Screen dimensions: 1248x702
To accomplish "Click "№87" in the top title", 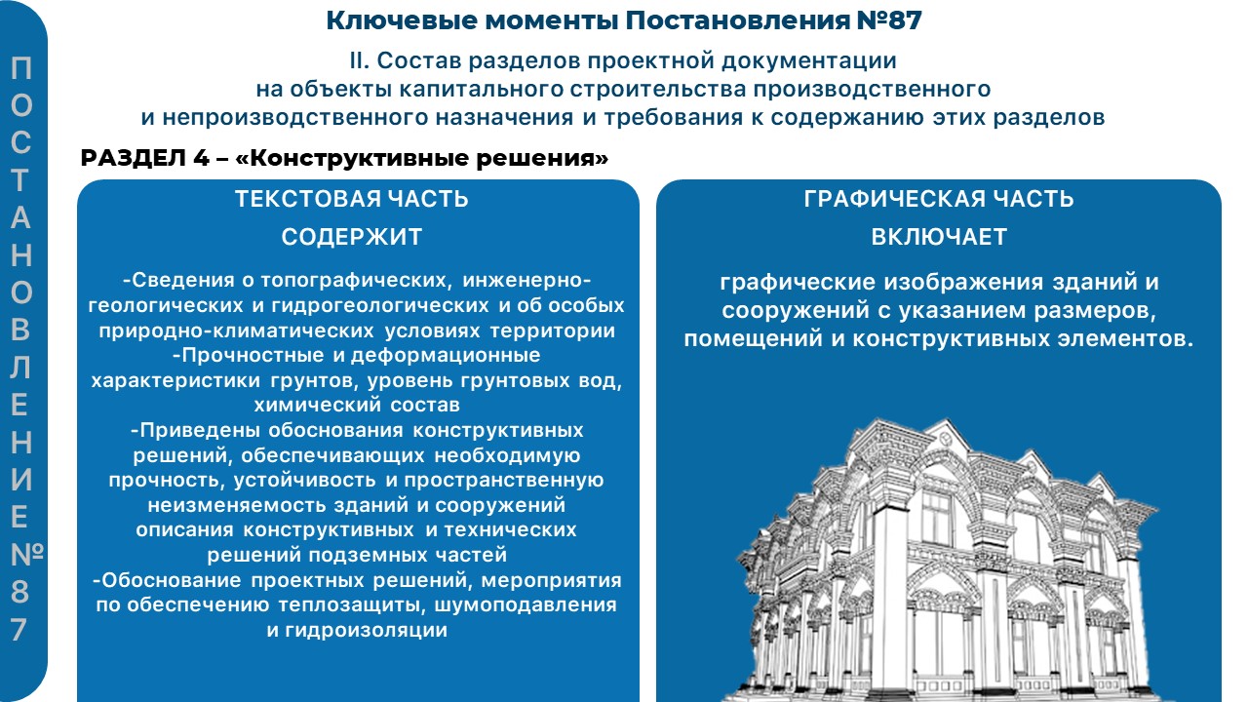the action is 888,20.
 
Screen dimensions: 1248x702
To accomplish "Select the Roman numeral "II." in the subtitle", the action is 360,60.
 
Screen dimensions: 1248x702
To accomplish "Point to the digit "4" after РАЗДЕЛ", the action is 200,158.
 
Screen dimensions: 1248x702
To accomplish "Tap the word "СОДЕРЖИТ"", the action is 352,237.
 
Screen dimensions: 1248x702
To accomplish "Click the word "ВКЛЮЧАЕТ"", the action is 939,237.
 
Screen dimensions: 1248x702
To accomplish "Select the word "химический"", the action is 317,405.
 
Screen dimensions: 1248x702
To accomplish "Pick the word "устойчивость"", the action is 304,480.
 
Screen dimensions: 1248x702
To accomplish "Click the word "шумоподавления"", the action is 526,604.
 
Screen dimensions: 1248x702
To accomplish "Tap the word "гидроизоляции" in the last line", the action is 366,630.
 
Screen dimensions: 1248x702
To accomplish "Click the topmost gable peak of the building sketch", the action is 945,419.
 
